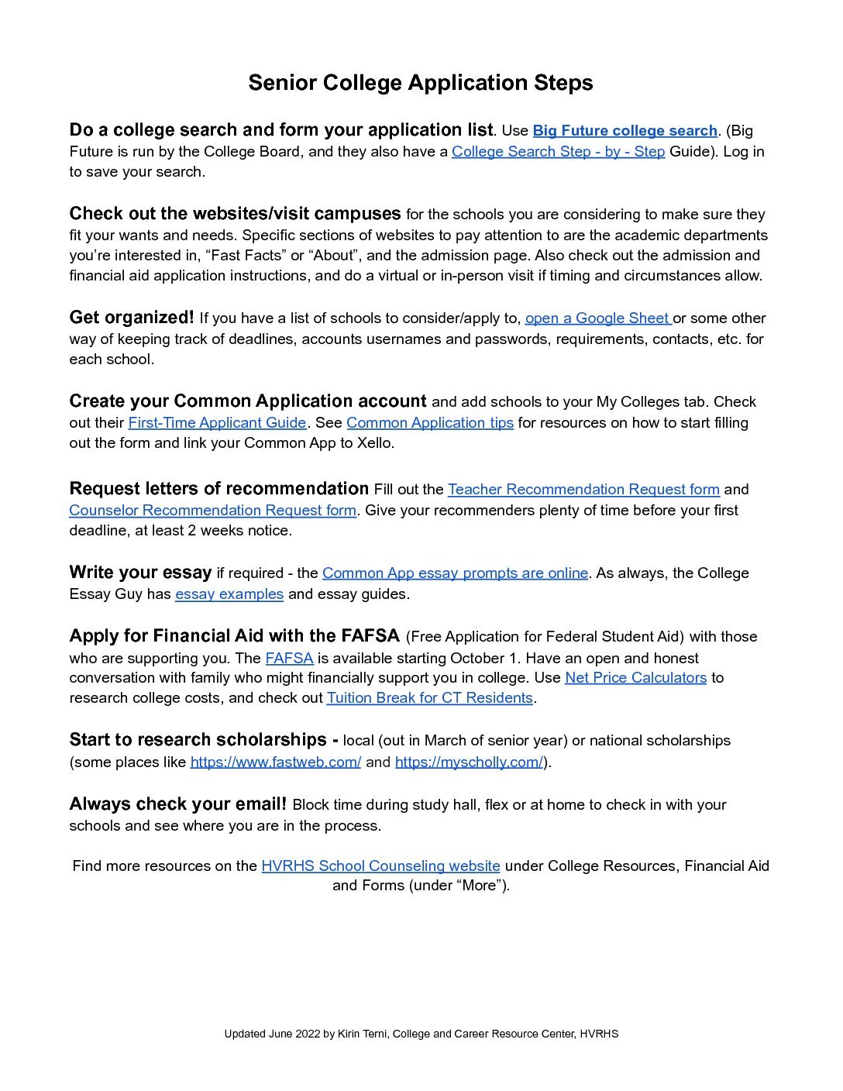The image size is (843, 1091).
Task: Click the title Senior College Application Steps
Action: (420, 83)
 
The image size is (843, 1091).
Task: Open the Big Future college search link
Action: (625, 131)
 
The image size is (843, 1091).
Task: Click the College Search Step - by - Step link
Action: (558, 152)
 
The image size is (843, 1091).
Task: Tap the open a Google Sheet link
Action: (597, 318)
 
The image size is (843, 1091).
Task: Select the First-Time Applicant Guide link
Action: (217, 423)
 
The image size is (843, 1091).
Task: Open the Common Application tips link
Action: (430, 423)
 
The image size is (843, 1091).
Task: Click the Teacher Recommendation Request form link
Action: (583, 490)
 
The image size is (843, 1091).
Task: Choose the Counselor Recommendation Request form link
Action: (212, 511)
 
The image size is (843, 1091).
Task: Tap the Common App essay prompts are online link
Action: (455, 573)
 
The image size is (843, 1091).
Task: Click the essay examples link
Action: (229, 594)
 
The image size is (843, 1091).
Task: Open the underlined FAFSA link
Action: (289, 659)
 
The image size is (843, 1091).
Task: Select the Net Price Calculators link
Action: (635, 678)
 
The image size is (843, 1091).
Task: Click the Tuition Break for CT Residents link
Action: (429, 698)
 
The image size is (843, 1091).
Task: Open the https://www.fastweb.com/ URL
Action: (275, 762)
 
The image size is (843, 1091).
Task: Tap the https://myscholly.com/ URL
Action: (469, 762)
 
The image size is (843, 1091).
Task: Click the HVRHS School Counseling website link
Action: (380, 866)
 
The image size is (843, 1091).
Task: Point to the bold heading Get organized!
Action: (132, 318)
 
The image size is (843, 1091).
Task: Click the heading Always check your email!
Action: (177, 804)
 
